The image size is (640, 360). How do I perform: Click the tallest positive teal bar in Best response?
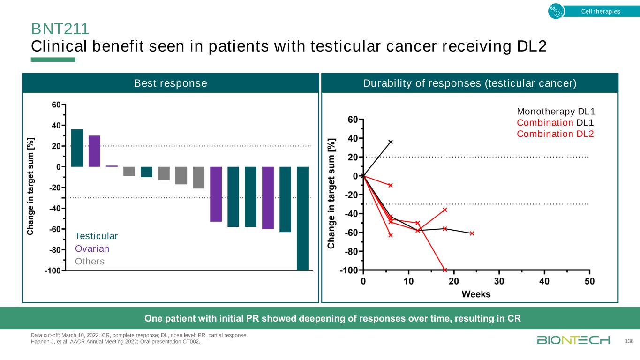[x=77, y=148]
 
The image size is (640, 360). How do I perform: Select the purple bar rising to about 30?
[x=94, y=151]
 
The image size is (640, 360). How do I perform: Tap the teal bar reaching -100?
[x=302, y=218]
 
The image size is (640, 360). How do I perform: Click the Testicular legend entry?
[x=97, y=236]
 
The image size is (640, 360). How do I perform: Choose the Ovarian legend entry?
[x=92, y=248]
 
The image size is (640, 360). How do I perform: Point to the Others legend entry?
[x=90, y=261]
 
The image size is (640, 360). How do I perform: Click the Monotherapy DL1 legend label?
[x=556, y=112]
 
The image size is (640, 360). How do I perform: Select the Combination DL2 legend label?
[x=556, y=134]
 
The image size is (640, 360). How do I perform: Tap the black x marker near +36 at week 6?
[x=391, y=142]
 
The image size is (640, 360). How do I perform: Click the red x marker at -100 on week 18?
[x=444, y=270]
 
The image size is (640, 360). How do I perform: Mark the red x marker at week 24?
[x=472, y=233]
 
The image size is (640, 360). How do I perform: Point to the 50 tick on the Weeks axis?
[x=589, y=282]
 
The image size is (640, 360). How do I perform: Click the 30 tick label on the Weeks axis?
[x=499, y=282]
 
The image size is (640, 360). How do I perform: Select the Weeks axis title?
[x=476, y=294]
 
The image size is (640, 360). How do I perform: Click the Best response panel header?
[x=170, y=83]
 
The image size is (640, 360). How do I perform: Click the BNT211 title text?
[x=60, y=30]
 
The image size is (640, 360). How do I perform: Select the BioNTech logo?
[x=573, y=340]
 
